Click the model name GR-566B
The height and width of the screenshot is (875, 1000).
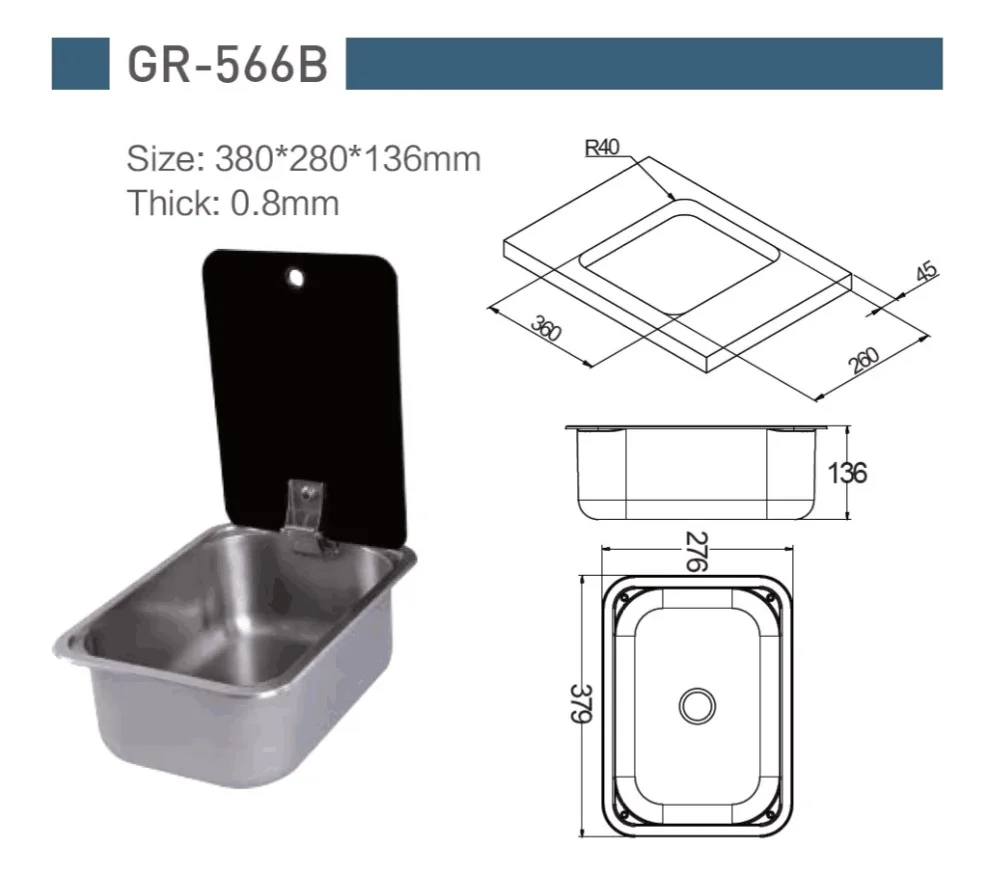228,64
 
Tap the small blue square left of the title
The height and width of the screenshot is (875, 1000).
80,64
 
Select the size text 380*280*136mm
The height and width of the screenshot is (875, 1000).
348,159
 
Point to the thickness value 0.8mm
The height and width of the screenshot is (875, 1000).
284,203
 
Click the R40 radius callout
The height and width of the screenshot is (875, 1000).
602,148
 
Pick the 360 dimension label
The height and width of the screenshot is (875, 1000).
547,328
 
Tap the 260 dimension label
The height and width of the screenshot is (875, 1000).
864,360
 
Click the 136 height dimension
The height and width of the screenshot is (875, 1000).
847,473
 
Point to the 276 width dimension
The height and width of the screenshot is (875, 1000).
696,552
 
